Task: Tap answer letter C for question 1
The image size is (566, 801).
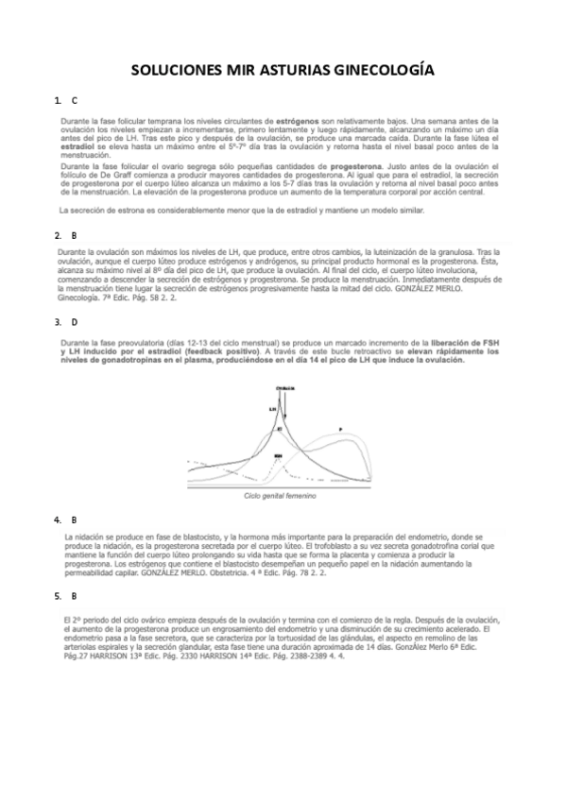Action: (x=76, y=100)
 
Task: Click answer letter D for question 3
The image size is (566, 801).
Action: (x=76, y=322)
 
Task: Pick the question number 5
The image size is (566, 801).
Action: (x=59, y=595)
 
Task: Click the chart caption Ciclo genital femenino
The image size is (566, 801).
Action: (x=279, y=495)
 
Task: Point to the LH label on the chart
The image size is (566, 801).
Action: (x=272, y=409)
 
